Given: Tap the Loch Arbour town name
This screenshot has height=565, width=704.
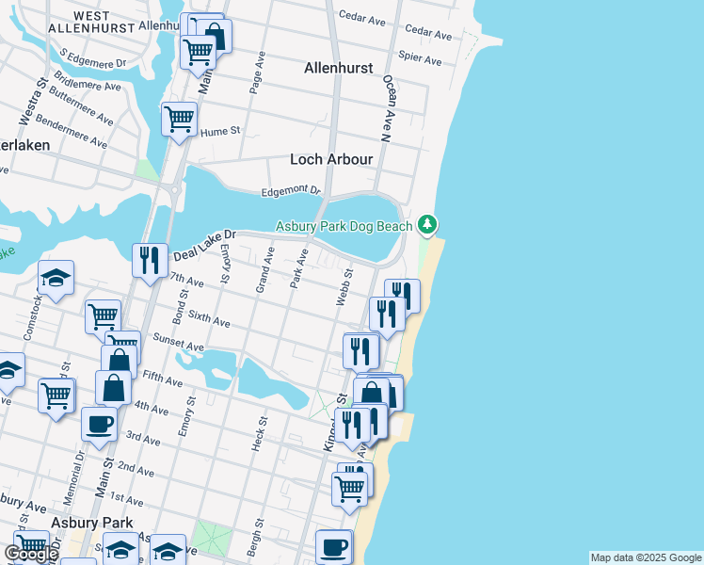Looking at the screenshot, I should (331, 159).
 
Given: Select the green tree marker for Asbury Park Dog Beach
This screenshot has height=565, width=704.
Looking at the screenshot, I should (428, 224).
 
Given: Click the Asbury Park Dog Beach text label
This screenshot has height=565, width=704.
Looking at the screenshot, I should (344, 226).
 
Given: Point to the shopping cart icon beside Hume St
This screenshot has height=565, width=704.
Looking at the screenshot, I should (178, 119).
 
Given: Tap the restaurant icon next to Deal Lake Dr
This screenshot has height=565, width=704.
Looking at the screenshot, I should (150, 260).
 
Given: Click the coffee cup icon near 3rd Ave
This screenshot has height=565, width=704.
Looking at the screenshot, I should (99, 423).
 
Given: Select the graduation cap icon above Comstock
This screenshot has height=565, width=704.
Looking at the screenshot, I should (56, 277).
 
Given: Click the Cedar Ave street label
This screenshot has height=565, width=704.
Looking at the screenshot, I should (362, 17).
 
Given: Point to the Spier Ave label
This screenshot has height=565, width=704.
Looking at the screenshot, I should (420, 59).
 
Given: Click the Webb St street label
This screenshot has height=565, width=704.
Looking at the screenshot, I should (344, 287).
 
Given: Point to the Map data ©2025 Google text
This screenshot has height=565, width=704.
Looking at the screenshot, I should (646, 557).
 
